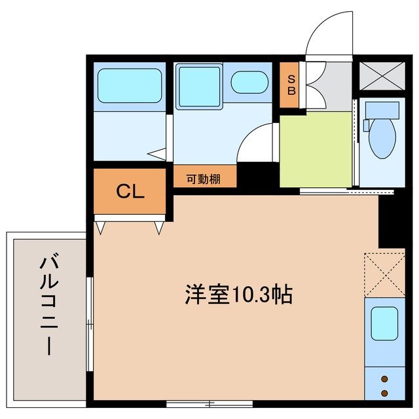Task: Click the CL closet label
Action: (x=130, y=191)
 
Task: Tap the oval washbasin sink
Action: (x=249, y=83)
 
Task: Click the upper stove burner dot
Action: (x=384, y=378)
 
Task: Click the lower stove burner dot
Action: (x=384, y=393)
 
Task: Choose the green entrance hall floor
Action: (x=316, y=149)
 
